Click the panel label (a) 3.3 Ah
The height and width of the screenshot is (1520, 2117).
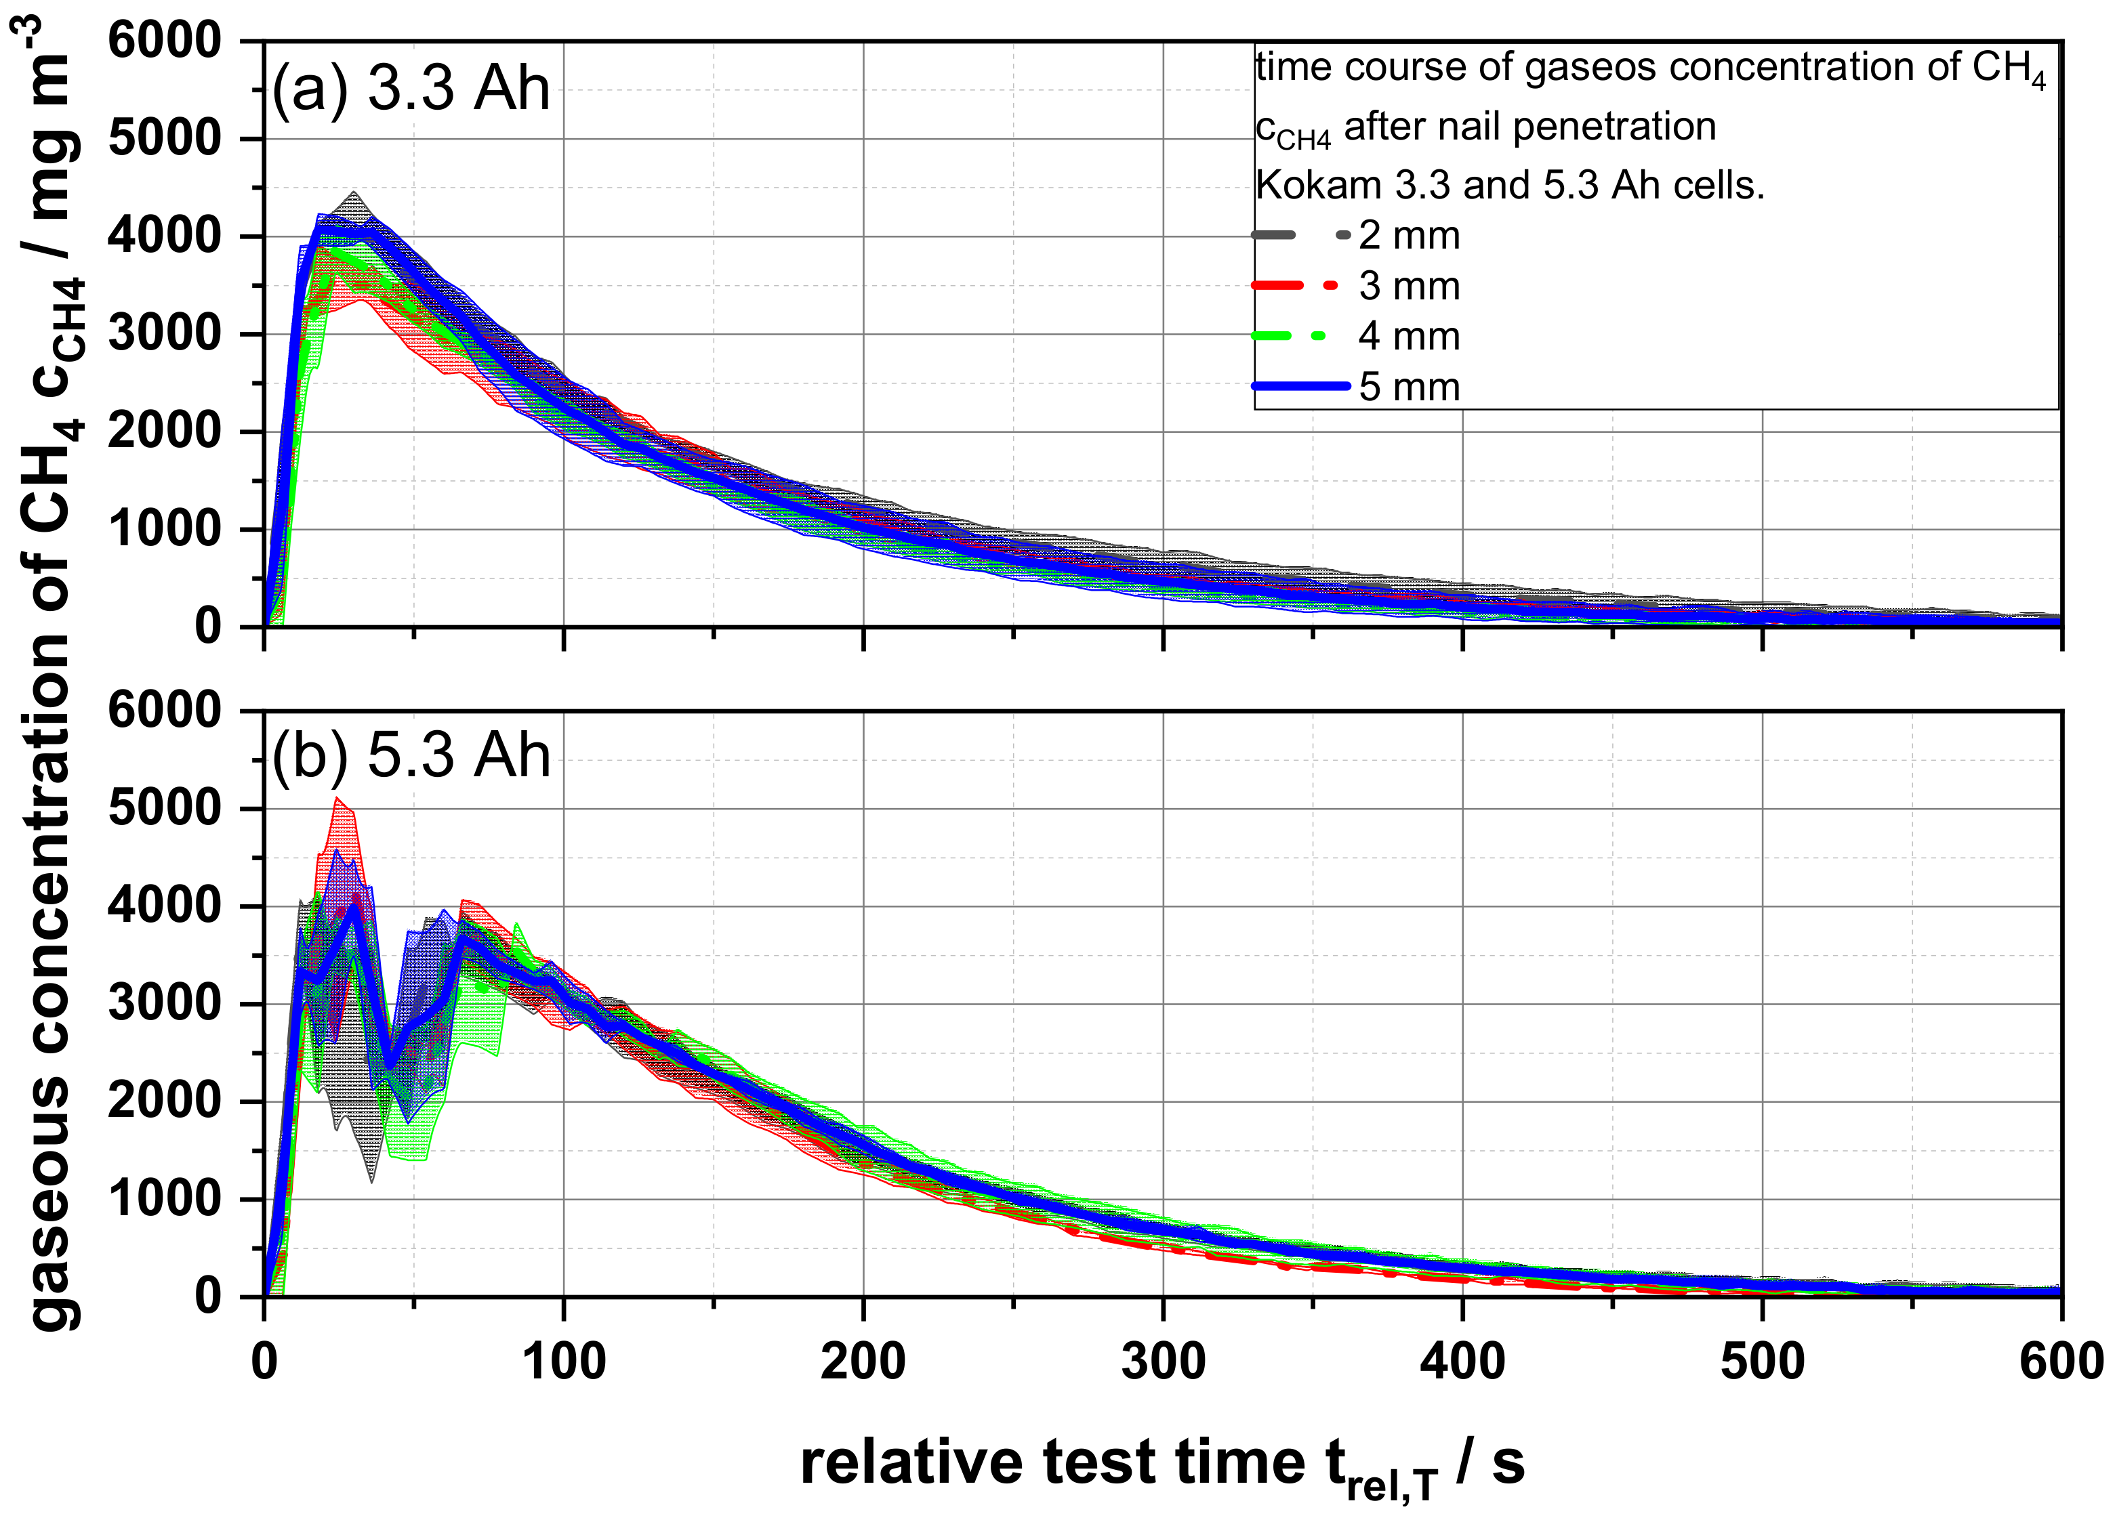coord(411,89)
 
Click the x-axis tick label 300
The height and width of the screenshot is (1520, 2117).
coord(1163,1361)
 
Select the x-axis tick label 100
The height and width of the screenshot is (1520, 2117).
coord(564,1361)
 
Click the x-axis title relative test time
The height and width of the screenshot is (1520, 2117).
coord(1162,1463)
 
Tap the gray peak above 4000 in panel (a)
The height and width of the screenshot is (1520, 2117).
coord(354,194)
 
